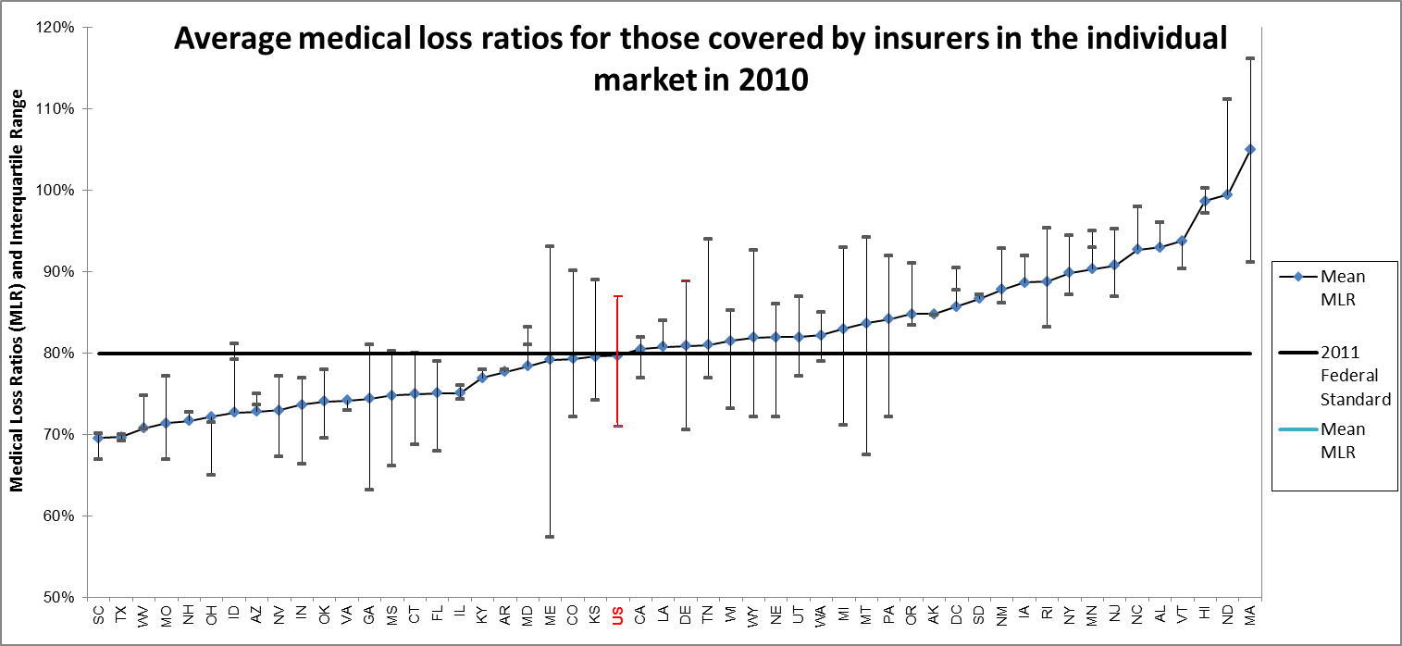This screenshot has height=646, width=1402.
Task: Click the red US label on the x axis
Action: point(617,615)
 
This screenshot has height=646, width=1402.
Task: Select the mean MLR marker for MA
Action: point(1250,149)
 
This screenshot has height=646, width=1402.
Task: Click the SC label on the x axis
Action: point(97,615)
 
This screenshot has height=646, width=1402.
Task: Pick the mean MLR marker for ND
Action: point(1227,194)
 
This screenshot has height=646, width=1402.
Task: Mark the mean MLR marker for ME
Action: point(550,359)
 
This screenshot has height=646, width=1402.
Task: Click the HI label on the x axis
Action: point(1205,615)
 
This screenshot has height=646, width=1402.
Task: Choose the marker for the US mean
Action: point(617,355)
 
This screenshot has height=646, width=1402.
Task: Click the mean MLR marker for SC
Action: point(98,438)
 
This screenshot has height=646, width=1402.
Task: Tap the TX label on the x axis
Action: point(120,615)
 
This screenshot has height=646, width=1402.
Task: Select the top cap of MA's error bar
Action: point(1250,58)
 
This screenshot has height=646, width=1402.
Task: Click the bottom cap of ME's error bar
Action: point(550,537)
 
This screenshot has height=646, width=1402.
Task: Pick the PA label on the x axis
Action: point(888,615)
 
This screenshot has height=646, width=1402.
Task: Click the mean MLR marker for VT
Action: point(1182,241)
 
